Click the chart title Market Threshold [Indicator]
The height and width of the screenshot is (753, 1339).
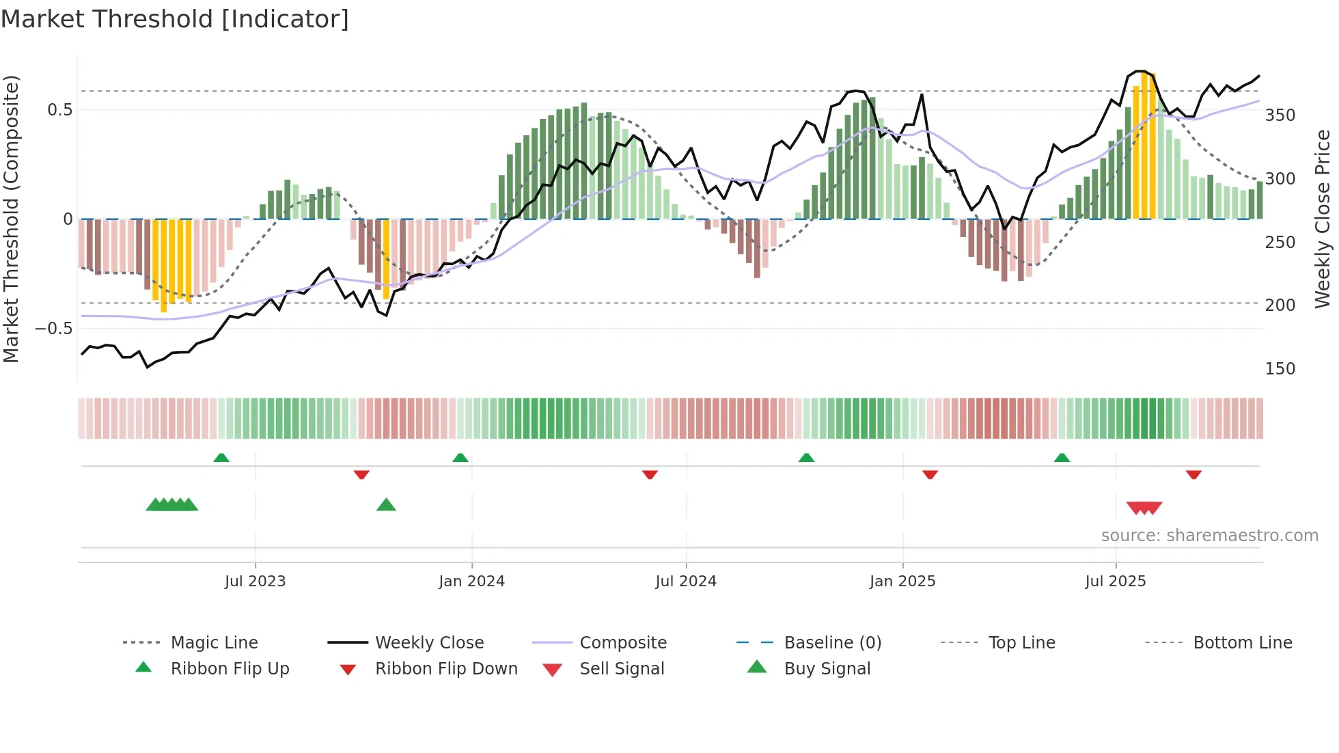pos(175,19)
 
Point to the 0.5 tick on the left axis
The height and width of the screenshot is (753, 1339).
pos(59,110)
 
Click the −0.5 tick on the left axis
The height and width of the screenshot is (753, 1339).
pos(54,329)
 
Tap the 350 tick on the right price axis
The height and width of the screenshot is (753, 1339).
pos(1280,115)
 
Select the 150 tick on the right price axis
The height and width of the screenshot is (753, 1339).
pos(1280,369)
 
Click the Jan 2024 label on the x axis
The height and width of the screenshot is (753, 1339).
pos(471,581)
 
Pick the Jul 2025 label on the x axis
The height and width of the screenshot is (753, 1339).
pos(1115,581)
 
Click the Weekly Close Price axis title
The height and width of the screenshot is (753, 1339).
pos(1323,219)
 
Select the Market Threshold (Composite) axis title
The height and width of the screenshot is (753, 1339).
pos(11,219)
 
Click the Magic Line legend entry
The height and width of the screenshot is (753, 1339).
pos(214,643)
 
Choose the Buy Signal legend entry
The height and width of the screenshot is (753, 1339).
pos(827,669)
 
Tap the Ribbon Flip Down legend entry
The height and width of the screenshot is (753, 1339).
pos(445,669)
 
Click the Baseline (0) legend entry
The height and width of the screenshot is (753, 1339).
pos(832,643)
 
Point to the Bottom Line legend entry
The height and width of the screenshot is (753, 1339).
pos(1242,643)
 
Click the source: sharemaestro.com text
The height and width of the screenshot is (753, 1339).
pos(1209,536)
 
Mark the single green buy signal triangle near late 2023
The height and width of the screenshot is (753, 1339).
pos(386,505)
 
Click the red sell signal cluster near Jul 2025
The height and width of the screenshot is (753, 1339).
pos(1144,508)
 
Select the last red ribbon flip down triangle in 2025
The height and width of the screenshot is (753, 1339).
pos(1193,474)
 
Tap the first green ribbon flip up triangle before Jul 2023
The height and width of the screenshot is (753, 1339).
pos(221,458)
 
